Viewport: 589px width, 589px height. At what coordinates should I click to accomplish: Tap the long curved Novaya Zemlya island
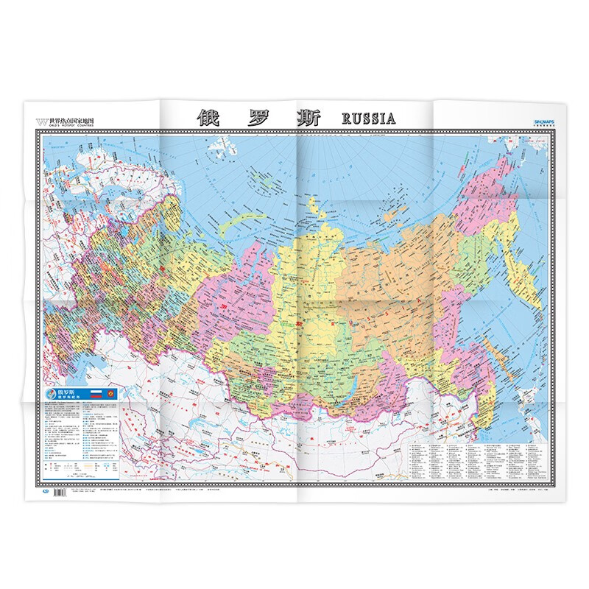[243, 221]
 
